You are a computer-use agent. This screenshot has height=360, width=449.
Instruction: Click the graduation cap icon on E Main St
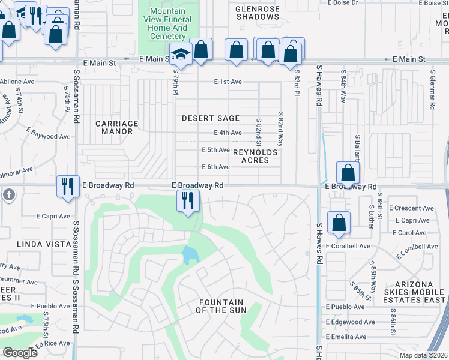(x=179, y=54)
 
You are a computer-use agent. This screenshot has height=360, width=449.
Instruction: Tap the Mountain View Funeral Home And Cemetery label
(x=168, y=24)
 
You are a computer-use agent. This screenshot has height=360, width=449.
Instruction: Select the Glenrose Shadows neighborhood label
(x=258, y=13)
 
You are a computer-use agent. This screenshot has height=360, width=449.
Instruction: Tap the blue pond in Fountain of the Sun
(x=190, y=256)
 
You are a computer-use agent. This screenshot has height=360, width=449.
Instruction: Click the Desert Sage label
(x=211, y=118)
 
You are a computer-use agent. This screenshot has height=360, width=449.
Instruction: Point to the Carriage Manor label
(x=117, y=127)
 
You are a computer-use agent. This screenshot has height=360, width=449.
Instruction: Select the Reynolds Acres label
(x=255, y=157)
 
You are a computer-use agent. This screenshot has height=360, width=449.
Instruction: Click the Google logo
(x=19, y=352)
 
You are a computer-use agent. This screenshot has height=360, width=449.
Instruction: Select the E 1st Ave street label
(x=228, y=82)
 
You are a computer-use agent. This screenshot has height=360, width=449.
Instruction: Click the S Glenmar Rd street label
(x=432, y=90)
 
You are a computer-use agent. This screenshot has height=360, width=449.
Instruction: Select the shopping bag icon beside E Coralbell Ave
(x=339, y=222)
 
